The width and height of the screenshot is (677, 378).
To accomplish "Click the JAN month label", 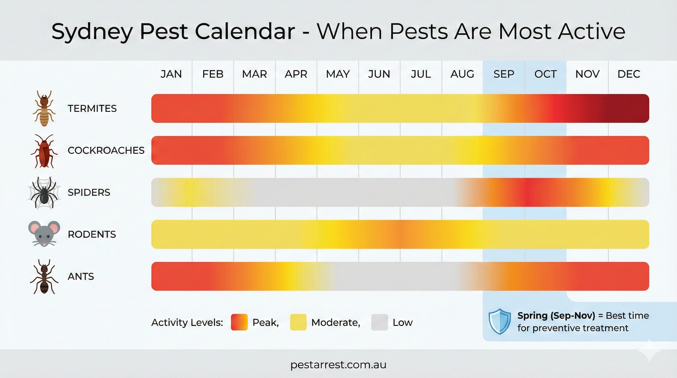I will (x=171, y=74).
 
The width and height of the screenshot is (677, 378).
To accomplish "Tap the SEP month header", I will (x=504, y=74).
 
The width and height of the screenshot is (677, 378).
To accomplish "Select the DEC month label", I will (x=629, y=74).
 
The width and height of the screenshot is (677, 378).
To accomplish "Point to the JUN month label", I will (x=379, y=74).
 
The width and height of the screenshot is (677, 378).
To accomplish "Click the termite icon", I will (x=44, y=108).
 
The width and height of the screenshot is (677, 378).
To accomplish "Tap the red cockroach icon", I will (x=44, y=151).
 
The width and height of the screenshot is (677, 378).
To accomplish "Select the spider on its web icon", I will (x=44, y=193).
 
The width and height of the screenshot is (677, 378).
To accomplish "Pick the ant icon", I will (x=44, y=277).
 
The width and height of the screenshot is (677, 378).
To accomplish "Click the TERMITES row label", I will (x=92, y=109).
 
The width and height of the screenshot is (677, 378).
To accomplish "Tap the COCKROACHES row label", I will (x=106, y=150).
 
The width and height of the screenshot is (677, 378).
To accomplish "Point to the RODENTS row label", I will (x=92, y=234).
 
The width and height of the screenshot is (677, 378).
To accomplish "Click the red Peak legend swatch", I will (x=239, y=322).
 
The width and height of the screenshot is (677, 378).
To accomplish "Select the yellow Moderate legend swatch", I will (x=298, y=322).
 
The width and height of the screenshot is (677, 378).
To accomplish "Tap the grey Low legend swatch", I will (x=379, y=322).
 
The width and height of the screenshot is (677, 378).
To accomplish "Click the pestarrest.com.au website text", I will (x=338, y=365).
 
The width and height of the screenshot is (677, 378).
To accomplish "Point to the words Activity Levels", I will (x=187, y=322).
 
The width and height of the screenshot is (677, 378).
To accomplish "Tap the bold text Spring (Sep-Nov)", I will (x=556, y=315).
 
